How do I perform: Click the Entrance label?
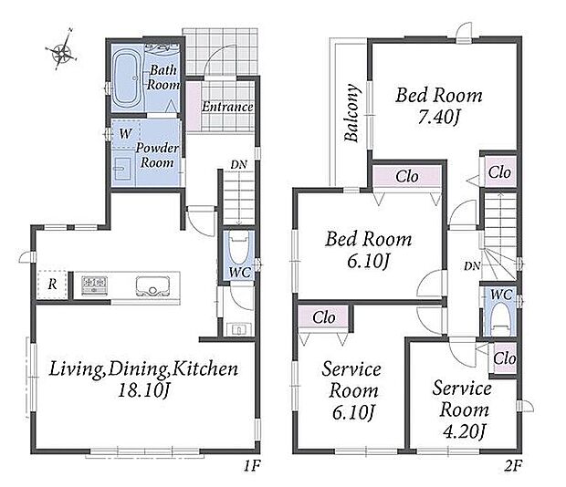227,107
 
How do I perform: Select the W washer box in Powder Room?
125,134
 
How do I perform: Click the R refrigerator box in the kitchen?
52,285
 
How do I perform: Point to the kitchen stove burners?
94,285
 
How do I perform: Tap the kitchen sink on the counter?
152,286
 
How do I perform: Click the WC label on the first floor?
240,272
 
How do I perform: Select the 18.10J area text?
143,390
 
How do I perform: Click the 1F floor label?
252,466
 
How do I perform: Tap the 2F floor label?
513,466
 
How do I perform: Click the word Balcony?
351,112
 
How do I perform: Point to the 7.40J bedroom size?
438,117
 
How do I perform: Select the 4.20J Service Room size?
464,431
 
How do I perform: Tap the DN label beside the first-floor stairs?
238,165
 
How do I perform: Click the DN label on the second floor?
472,266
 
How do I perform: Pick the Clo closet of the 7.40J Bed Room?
499,172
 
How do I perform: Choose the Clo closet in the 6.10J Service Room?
323,317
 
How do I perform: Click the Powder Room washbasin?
122,168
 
